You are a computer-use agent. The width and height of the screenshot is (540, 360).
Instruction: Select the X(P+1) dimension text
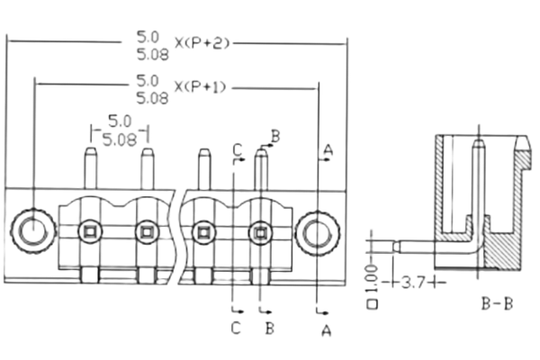point(200,86)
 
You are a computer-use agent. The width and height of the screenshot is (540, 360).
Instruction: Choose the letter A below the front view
point(327,332)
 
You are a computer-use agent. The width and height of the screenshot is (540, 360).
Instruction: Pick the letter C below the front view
point(237,328)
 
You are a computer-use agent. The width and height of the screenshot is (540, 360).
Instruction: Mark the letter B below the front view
point(268,328)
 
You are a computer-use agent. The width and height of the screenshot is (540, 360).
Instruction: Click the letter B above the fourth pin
point(275,135)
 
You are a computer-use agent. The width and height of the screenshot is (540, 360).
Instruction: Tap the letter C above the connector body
point(238,148)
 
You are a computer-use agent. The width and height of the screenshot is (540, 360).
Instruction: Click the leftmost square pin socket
point(90,232)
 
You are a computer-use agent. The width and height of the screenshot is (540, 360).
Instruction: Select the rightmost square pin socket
point(260,232)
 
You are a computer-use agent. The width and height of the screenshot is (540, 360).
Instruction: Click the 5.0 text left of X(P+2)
point(148,36)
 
